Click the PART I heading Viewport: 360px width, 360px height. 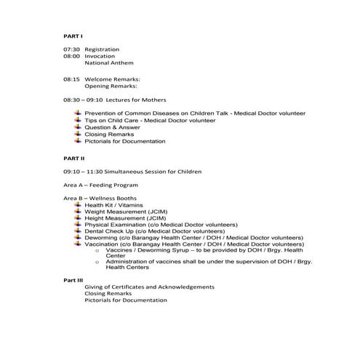tap(73, 35)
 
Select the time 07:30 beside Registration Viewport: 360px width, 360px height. tap(71, 49)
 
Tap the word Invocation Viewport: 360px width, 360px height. tap(100, 56)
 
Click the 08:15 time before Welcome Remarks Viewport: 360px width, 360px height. tap(71, 79)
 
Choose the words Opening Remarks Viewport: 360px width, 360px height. tap(110, 86)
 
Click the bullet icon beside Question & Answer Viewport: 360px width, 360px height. tap(78, 127)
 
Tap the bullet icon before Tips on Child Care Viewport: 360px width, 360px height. tap(78, 120)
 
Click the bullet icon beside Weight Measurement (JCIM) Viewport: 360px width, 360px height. tap(78, 212)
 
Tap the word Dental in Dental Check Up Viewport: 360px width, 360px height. tap(95, 232)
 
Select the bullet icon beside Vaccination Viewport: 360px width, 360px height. tap(78, 245)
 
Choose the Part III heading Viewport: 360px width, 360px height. tap(73, 280)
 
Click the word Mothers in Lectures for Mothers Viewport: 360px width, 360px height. tap(153, 100)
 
